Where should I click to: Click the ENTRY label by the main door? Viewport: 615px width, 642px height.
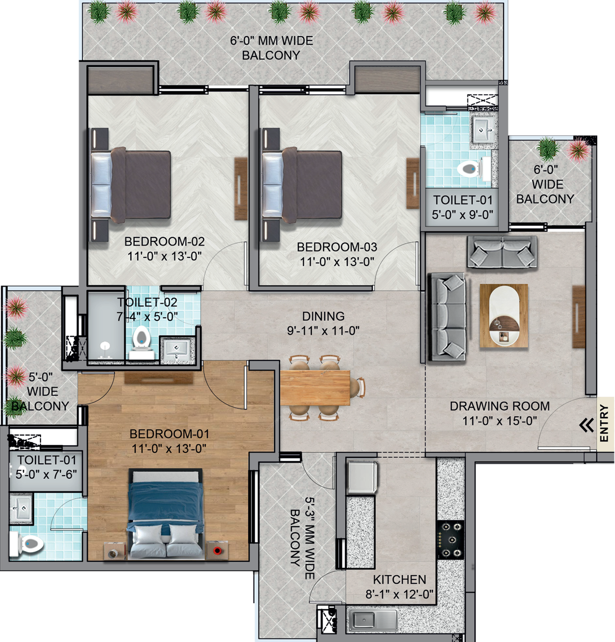click(x=604, y=424)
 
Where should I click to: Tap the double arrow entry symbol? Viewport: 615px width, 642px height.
click(x=586, y=425)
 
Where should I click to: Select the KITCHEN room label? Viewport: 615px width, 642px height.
click(x=400, y=580)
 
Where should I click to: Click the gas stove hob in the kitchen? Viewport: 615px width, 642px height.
click(x=450, y=539)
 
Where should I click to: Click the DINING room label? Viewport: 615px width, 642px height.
click(x=323, y=316)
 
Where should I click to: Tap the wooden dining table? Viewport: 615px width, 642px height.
click(x=315, y=387)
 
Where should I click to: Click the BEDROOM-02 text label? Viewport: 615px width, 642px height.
click(x=164, y=241)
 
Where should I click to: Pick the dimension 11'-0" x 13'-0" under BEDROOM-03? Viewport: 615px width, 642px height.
click(x=337, y=262)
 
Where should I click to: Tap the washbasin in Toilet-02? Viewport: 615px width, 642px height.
click(x=178, y=349)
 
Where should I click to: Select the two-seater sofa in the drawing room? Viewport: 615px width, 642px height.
click(x=502, y=252)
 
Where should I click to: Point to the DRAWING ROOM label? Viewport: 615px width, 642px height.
click(x=500, y=406)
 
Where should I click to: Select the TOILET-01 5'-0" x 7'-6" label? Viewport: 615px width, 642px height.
click(x=46, y=467)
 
